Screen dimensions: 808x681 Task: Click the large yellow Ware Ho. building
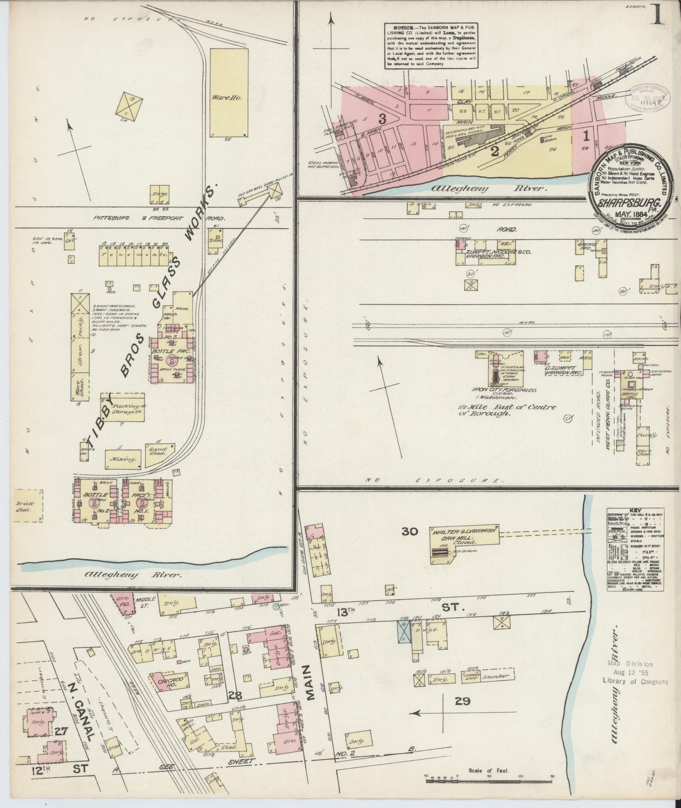pos(228,92)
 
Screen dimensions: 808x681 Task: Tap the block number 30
pos(410,531)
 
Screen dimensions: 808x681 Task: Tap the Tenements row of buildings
pos(134,255)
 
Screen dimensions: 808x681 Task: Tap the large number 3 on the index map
pos(382,119)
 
